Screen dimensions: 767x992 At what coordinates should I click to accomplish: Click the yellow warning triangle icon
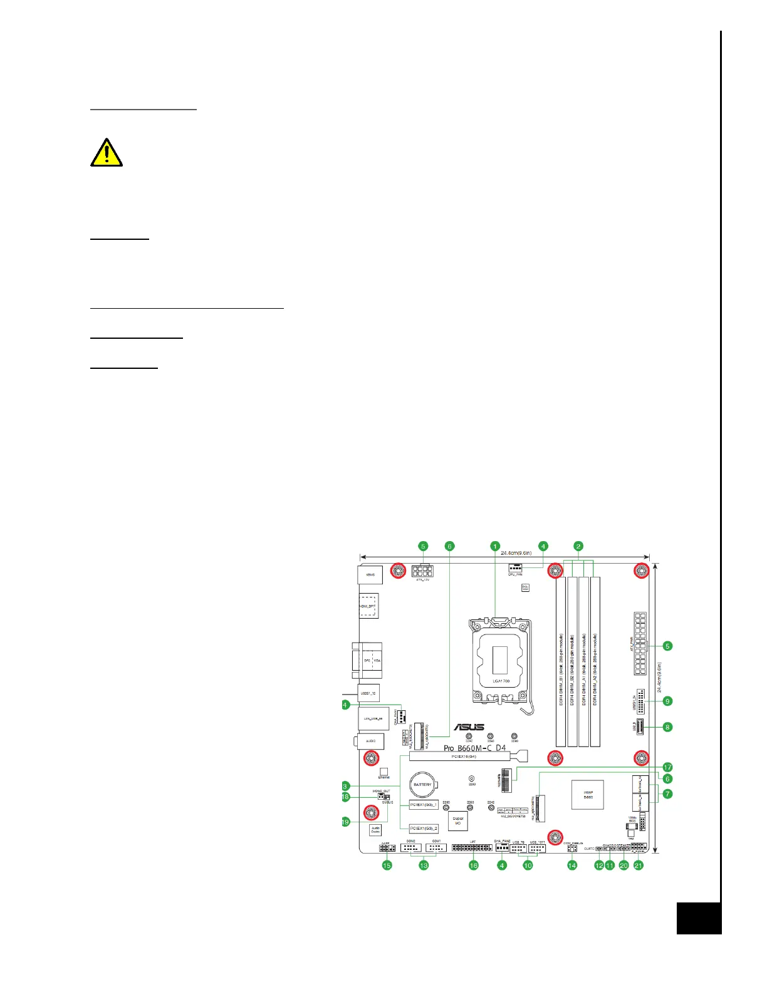tap(107, 153)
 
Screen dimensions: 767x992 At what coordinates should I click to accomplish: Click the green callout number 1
tap(495, 546)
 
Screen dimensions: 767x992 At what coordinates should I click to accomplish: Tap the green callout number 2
tap(578, 546)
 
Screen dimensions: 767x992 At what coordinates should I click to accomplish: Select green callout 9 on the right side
tap(667, 701)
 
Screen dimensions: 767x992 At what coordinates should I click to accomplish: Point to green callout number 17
tap(667, 767)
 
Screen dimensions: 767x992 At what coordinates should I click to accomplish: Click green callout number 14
tap(572, 865)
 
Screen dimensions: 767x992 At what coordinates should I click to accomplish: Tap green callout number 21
tap(639, 865)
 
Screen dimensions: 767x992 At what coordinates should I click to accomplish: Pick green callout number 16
tap(474, 865)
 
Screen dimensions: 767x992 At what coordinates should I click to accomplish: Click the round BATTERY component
tap(422, 785)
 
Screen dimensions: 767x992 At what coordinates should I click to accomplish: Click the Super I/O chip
tap(458, 821)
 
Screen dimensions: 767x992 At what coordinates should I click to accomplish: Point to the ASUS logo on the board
tap(469, 727)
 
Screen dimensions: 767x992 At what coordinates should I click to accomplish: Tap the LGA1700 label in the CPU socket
tap(501, 681)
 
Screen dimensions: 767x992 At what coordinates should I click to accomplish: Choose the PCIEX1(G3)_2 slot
tap(424, 829)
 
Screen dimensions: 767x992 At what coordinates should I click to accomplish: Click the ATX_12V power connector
tap(423, 571)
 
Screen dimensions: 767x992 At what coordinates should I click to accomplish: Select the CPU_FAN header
tap(515, 568)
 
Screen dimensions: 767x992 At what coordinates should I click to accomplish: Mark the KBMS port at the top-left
tap(370, 574)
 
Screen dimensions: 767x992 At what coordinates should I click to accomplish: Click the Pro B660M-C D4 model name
tap(474, 748)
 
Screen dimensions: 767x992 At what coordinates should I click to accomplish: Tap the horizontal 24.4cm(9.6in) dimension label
tap(516, 553)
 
